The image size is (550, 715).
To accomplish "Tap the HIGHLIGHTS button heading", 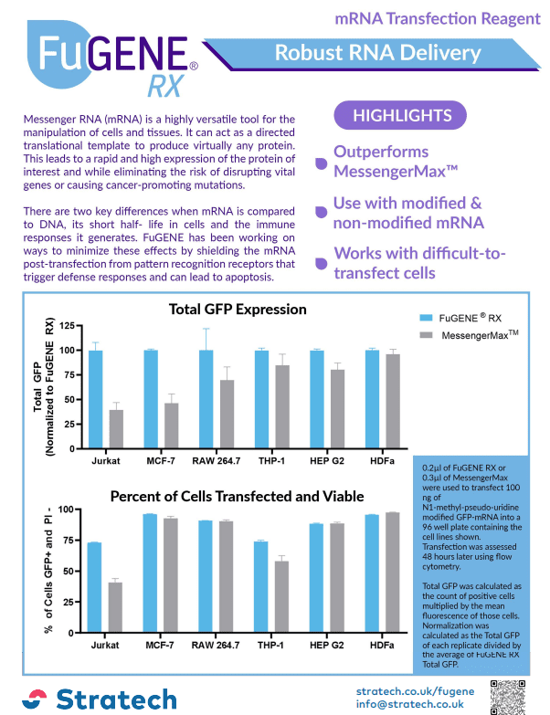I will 402,115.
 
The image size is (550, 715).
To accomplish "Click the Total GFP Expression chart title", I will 238,310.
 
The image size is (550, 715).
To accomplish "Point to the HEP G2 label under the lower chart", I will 326,646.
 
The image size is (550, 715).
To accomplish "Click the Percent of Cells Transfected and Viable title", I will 238,497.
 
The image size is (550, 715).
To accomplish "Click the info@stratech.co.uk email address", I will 410,704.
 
